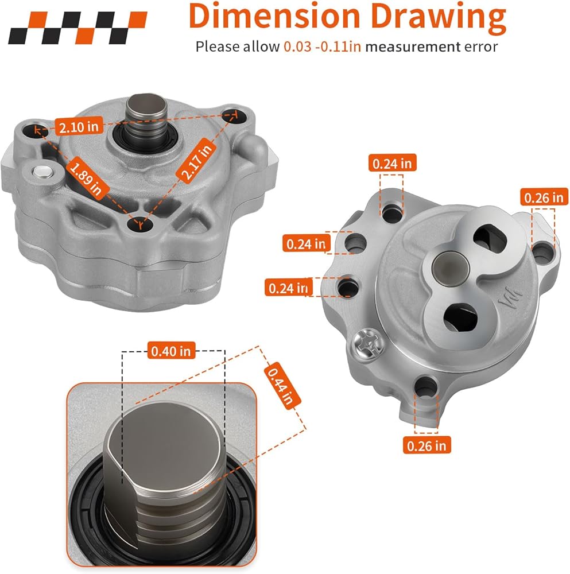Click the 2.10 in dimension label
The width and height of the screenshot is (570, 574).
tap(79, 127)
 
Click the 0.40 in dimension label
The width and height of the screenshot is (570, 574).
tap(171, 351)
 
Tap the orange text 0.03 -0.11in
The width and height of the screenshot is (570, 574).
tap(322, 47)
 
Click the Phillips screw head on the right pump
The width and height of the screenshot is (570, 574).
tap(369, 344)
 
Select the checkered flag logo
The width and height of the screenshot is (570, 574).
tap(77, 28)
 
